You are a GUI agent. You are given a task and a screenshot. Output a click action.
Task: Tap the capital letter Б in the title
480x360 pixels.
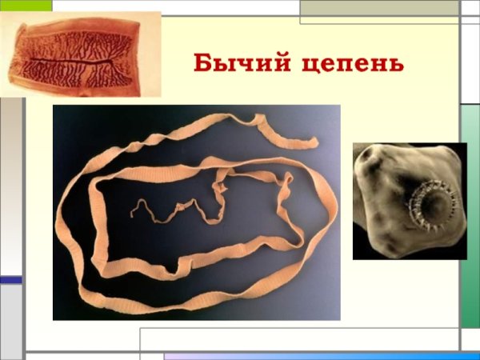coord(203,62)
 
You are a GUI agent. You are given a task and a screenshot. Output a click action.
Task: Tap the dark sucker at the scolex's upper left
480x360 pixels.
coord(370,159)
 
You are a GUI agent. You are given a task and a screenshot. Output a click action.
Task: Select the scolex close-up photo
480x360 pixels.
coord(409,201)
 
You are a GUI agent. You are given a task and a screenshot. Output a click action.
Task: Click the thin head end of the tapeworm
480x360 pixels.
coord(134,212)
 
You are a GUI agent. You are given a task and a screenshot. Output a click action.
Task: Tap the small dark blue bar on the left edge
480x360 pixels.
coord(10,280)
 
